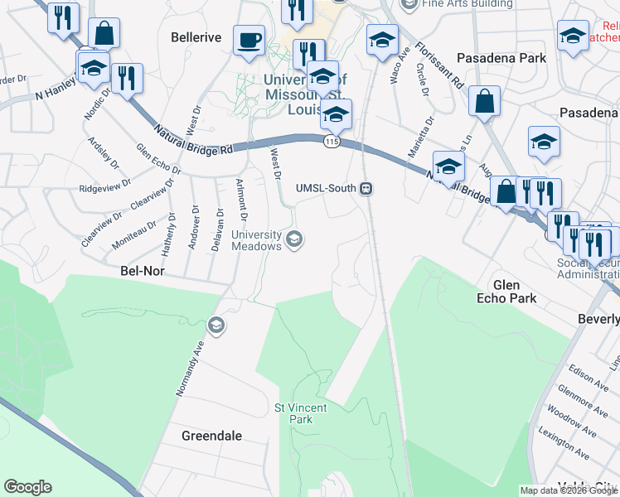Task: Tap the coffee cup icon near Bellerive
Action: [249, 39]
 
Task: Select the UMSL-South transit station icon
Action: [365, 189]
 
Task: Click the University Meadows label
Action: [256, 240]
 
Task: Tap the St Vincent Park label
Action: [301, 413]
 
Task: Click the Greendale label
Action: [212, 435]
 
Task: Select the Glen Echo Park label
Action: [515, 291]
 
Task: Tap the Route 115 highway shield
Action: [332, 142]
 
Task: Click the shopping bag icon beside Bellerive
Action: [104, 35]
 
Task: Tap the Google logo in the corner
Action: [27, 487]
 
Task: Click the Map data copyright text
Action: [569, 490]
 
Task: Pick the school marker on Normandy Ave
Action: [216, 325]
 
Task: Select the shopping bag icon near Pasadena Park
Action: [484, 102]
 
